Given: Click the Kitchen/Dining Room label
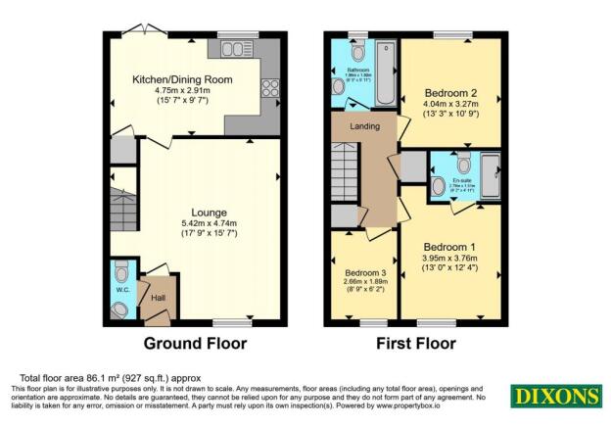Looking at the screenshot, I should click(x=176, y=81).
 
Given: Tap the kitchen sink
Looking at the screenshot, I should click(x=236, y=50).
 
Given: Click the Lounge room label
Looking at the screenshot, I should click(x=211, y=212).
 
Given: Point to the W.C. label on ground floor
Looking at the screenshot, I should click(x=122, y=289).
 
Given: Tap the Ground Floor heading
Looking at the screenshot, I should click(x=195, y=344).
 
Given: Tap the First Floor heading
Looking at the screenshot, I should click(x=417, y=344).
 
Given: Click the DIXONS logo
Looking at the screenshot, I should click(x=555, y=397).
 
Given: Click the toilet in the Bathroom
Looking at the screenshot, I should click(x=355, y=50).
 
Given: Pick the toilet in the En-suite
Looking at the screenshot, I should click(x=464, y=161).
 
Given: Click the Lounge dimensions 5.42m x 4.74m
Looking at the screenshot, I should click(x=211, y=222).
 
